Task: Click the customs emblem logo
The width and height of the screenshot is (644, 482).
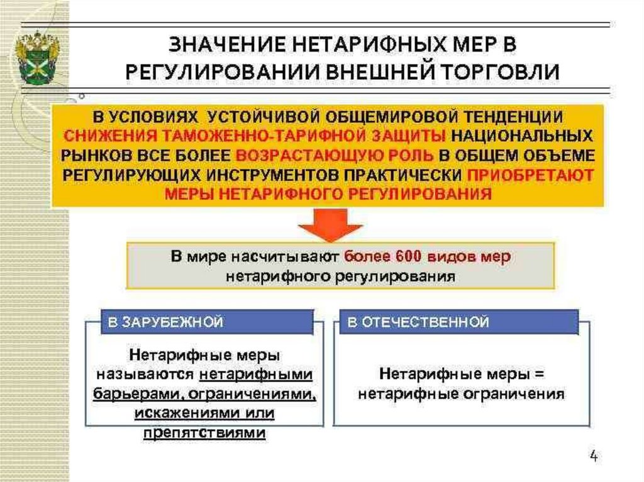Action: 38,58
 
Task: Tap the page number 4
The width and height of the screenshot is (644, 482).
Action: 594,455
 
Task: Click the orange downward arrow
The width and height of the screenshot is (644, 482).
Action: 330,224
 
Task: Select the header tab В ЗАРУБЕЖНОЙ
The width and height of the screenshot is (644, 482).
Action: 165,322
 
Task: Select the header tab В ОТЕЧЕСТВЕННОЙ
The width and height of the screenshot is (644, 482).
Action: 418,322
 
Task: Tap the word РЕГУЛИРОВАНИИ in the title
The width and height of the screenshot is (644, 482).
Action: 221,70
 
